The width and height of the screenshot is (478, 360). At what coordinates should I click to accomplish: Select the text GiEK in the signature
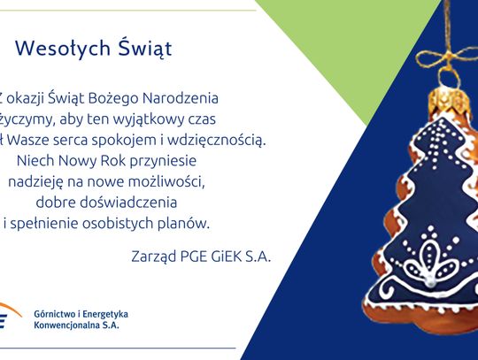(x=220, y=256)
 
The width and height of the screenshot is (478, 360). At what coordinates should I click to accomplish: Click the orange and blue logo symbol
(x=8, y=318)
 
